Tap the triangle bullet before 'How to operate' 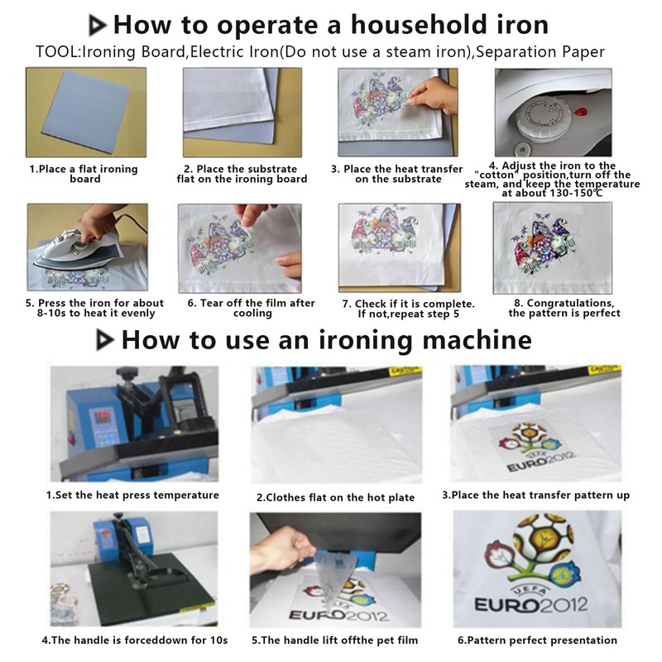point(97,26)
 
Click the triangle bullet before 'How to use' point(105,340)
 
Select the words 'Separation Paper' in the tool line point(540,52)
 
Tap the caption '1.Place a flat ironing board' point(84,174)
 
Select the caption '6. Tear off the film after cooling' point(252,308)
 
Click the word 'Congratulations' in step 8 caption point(570,303)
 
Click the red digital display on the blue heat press point(103,416)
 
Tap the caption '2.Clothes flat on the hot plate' point(336,498)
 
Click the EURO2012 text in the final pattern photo point(531,604)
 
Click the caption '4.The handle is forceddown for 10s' point(135,640)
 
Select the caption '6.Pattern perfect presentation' point(537,640)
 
